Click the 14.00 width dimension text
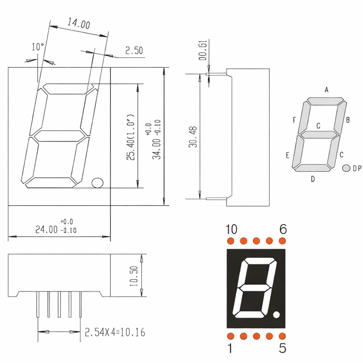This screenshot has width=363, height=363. [78, 24]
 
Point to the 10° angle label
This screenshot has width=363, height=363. [38, 47]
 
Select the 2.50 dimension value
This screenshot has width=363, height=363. [134, 50]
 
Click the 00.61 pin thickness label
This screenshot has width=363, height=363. [203, 50]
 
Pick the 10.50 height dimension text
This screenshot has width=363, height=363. [133, 276]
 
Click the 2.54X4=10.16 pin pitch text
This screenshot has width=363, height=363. [115, 333]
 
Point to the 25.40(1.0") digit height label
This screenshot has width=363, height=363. [130, 137]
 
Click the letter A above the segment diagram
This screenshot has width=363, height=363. [326, 89]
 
